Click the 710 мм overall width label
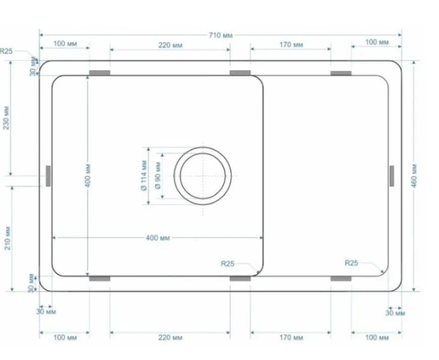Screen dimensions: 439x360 tap(221, 35)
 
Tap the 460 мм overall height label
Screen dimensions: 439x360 tap(415, 176)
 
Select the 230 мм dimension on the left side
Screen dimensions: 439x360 tap(6, 118)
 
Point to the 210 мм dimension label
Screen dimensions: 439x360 tap(7, 238)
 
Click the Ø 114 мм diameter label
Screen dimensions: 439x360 tap(144, 175)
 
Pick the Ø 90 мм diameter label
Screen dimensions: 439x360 tap(158, 176)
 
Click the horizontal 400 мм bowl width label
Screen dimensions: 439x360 tap(158, 238)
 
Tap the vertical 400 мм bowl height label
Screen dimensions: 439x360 tap(88, 176)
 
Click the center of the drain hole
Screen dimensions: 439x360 tap(203, 176)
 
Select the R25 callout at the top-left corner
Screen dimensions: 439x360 tap(6, 51)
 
